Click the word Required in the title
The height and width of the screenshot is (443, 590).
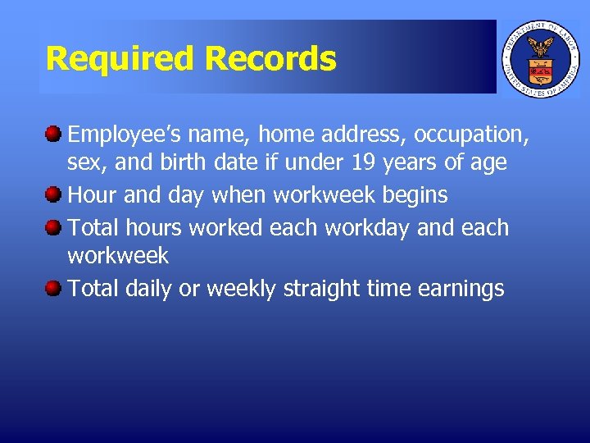coord(121,59)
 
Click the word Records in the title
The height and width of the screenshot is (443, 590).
coord(270,59)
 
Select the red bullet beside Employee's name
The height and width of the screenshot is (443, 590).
coord(53,132)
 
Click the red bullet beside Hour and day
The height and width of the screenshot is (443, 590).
coord(53,194)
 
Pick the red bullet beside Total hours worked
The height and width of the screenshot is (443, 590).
coord(53,226)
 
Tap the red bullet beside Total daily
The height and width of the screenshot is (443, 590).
coord(53,288)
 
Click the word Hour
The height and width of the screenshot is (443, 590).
coord(92,195)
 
